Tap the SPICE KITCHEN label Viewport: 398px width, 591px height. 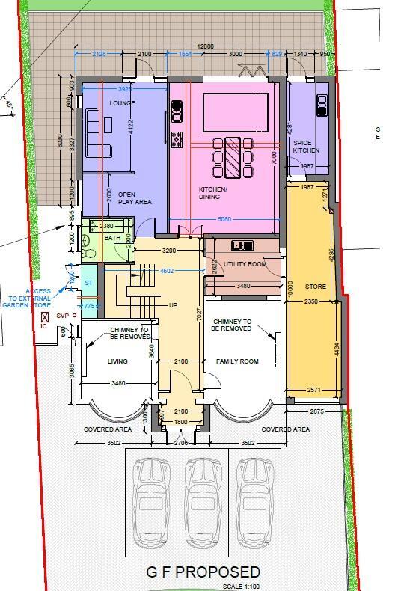click(x=306, y=147)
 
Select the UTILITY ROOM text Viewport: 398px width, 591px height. click(x=245, y=265)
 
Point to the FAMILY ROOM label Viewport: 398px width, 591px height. click(x=237, y=361)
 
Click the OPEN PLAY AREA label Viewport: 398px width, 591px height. click(x=135, y=198)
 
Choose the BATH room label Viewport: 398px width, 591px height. click(x=112, y=238)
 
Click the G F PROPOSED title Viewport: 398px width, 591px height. click(x=203, y=572)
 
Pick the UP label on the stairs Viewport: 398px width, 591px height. click(x=174, y=305)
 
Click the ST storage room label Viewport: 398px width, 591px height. click(x=88, y=282)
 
